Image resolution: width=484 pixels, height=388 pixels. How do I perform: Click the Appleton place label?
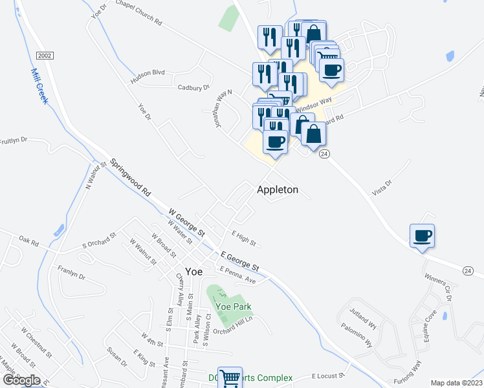278,190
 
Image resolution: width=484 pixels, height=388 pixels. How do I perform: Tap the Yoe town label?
194,272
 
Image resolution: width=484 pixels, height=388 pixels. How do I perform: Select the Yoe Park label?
233,307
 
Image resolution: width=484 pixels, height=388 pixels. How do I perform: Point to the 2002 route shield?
45,56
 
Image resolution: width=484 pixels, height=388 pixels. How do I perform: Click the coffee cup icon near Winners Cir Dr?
422,236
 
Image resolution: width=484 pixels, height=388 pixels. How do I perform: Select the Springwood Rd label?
129,178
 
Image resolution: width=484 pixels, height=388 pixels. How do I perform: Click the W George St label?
186,221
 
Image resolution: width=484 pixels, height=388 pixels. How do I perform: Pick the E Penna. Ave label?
237,275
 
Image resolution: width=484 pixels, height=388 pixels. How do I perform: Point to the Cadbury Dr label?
194,87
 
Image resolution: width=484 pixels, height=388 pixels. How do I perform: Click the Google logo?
21,380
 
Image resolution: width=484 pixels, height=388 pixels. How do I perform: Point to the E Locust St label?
330,376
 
